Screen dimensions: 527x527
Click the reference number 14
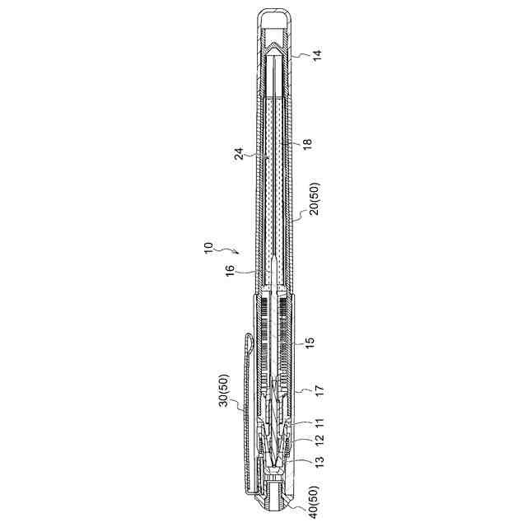pyautogui.click(x=317, y=55)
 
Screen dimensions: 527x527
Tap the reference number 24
pyautogui.click(x=238, y=155)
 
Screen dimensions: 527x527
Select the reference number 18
pyautogui.click(x=307, y=142)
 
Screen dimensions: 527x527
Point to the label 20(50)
pyautogui.click(x=316, y=198)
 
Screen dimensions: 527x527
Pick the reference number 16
pyautogui.click(x=230, y=270)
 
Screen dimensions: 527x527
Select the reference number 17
pyautogui.click(x=319, y=390)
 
